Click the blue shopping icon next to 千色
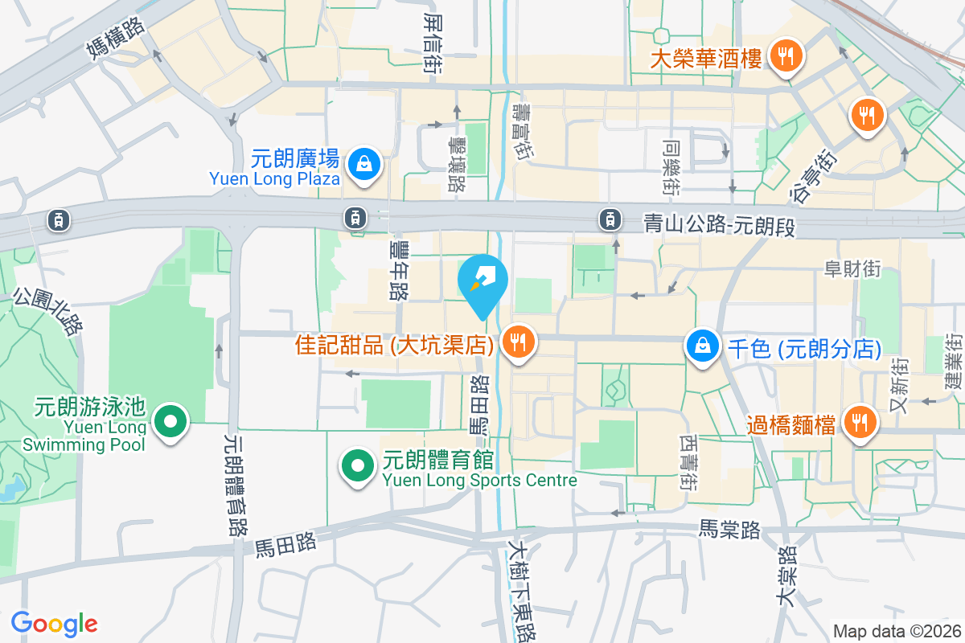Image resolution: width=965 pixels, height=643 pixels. click(x=703, y=346)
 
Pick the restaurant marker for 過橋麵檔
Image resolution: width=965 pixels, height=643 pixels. click(x=860, y=420)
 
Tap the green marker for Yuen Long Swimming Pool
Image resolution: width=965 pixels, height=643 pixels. click(x=170, y=420)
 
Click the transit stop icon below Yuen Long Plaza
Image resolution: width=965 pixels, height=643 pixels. click(x=355, y=216)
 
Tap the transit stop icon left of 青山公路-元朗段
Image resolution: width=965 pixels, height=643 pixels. click(x=610, y=218)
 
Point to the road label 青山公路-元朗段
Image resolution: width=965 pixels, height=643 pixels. click(x=720, y=225)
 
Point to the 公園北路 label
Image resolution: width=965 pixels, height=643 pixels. click(x=48, y=311)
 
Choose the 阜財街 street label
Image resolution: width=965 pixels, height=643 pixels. click(x=852, y=269)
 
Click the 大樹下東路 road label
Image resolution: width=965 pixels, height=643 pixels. click(x=520, y=587)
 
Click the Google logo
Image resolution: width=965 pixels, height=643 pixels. click(x=54, y=624)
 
